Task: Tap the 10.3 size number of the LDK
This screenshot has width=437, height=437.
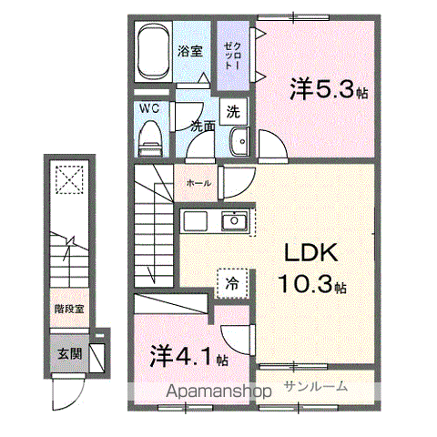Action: (308, 284)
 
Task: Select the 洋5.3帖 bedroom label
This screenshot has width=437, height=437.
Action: (329, 89)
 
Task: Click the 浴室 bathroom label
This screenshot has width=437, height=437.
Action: (190, 52)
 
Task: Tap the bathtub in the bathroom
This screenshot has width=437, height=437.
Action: (155, 52)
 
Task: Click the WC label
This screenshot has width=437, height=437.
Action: (148, 108)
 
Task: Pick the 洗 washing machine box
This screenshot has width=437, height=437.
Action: (233, 112)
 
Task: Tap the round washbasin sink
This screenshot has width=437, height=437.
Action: (240, 143)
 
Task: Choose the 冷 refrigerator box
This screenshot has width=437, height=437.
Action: (230, 283)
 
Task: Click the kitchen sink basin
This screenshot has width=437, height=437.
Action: (234, 221)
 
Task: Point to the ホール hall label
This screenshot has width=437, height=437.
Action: (198, 182)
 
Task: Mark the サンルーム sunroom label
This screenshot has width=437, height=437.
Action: (315, 386)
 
